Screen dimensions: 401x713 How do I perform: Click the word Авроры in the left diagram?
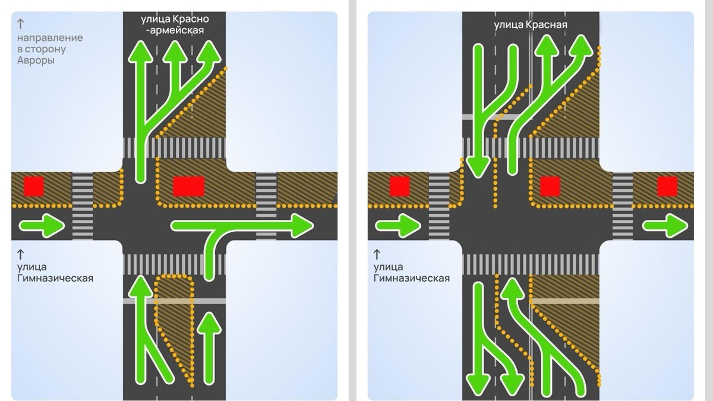click(36, 61)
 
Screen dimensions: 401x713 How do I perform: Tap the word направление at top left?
click(51, 38)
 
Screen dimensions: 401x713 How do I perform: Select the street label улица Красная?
click(531, 24)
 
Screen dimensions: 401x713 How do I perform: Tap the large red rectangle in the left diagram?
click(188, 186)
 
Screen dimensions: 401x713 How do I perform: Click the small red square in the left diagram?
click(33, 187)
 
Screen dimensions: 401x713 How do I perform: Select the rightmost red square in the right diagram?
click(668, 187)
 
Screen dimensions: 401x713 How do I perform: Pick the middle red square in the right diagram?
click(550, 187)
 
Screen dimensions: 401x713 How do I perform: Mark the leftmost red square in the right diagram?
click(399, 187)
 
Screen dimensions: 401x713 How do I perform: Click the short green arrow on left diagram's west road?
click(42, 226)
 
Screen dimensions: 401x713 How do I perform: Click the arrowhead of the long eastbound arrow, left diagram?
click(301, 226)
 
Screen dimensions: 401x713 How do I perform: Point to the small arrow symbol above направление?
click(21, 24)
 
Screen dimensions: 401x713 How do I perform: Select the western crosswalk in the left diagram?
click(83, 206)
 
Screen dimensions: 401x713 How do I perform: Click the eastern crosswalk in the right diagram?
click(623, 206)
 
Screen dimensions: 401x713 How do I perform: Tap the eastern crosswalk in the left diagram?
click(267, 206)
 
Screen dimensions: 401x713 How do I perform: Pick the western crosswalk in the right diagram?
click(439, 206)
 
